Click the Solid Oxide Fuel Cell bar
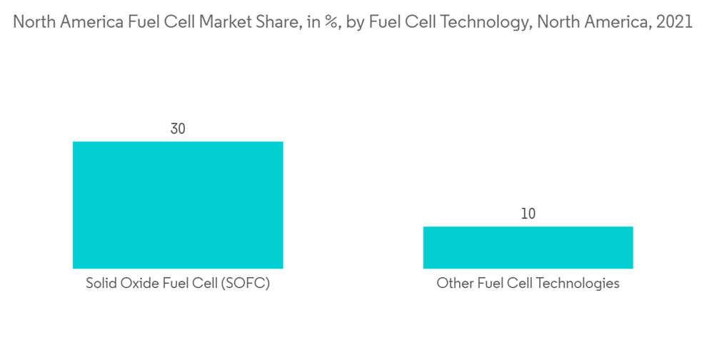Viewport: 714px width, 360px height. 178,205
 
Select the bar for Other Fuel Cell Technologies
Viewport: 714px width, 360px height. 528,247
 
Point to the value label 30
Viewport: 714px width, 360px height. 178,129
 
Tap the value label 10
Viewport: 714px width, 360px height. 528,214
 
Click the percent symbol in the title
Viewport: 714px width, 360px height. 330,22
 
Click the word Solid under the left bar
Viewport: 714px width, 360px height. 101,284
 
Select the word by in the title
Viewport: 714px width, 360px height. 356,22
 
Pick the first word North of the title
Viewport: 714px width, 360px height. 34,21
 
